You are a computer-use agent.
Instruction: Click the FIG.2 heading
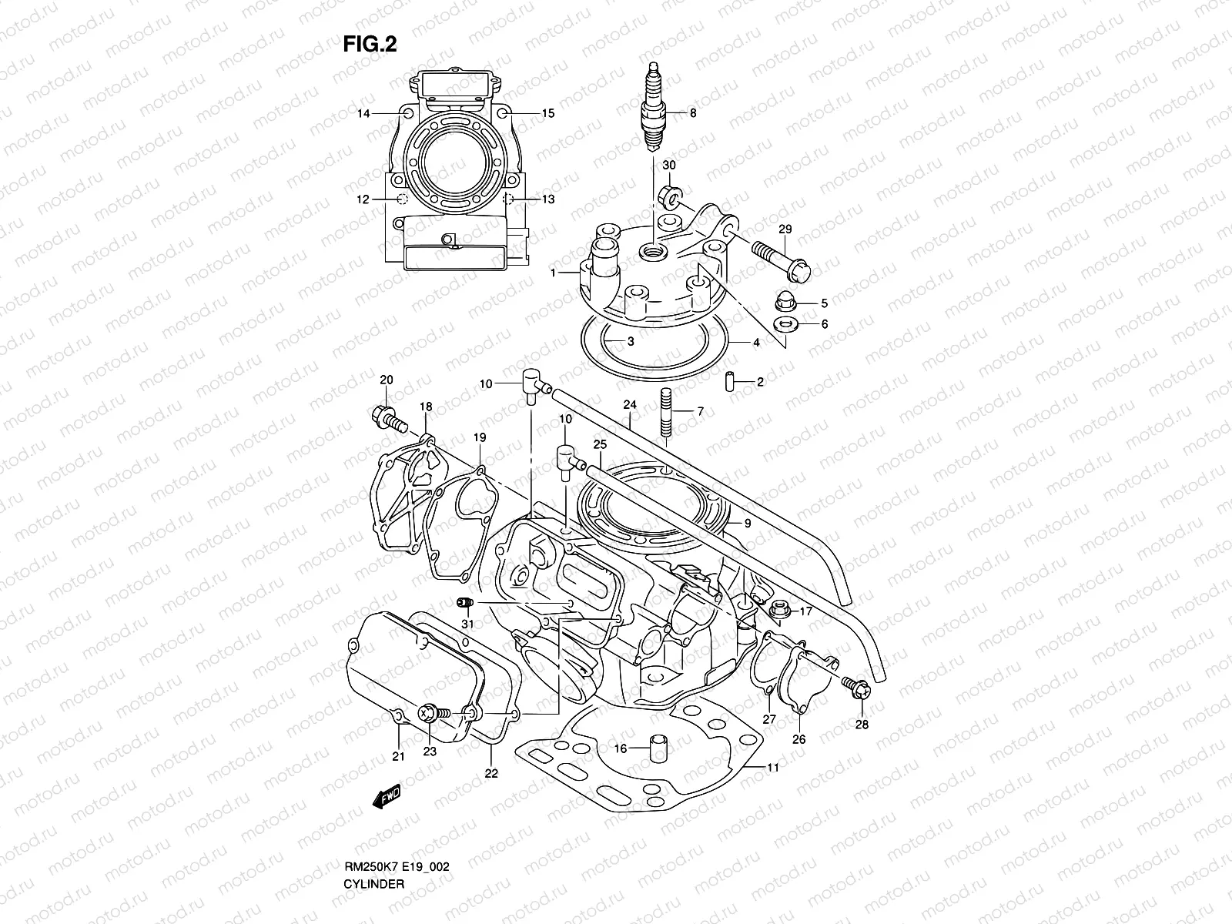click(370, 45)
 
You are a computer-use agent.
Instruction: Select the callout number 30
click(668, 166)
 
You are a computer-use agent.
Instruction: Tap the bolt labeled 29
click(779, 259)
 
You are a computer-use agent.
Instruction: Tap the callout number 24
click(630, 405)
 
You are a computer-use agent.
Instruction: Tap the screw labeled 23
click(431, 714)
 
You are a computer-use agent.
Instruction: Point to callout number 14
click(363, 113)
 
